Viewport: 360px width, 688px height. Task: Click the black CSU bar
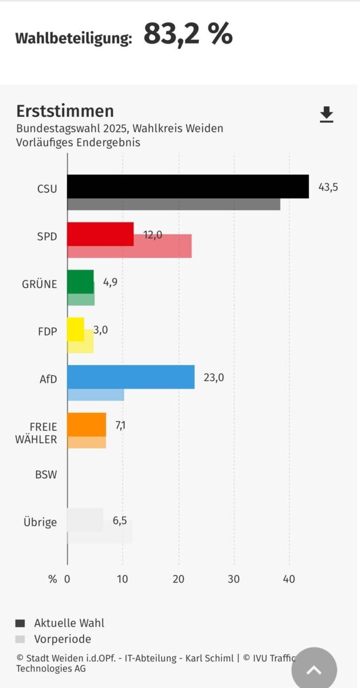coord(187,186)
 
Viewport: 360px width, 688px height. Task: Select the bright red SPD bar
coord(100,234)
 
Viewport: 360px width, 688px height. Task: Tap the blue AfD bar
coord(131,377)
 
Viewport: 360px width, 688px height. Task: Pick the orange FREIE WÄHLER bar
coord(87,424)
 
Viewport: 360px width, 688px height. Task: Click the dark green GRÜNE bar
coord(80,282)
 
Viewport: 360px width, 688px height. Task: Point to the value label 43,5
coord(328,187)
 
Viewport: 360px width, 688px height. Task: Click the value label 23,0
coord(213,377)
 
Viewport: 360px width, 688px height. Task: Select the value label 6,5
coord(119,521)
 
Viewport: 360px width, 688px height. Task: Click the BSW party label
coord(46,475)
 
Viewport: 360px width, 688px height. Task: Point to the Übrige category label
coord(40,522)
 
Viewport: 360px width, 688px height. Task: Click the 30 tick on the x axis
coord(233,579)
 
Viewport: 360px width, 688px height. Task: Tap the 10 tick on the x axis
coord(123,579)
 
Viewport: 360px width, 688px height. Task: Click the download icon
coord(326,115)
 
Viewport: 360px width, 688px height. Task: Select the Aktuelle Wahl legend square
coord(20,623)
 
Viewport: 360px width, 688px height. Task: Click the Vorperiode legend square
coord(20,639)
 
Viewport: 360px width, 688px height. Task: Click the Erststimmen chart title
coord(65,111)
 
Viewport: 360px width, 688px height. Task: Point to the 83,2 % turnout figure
coord(188,34)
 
